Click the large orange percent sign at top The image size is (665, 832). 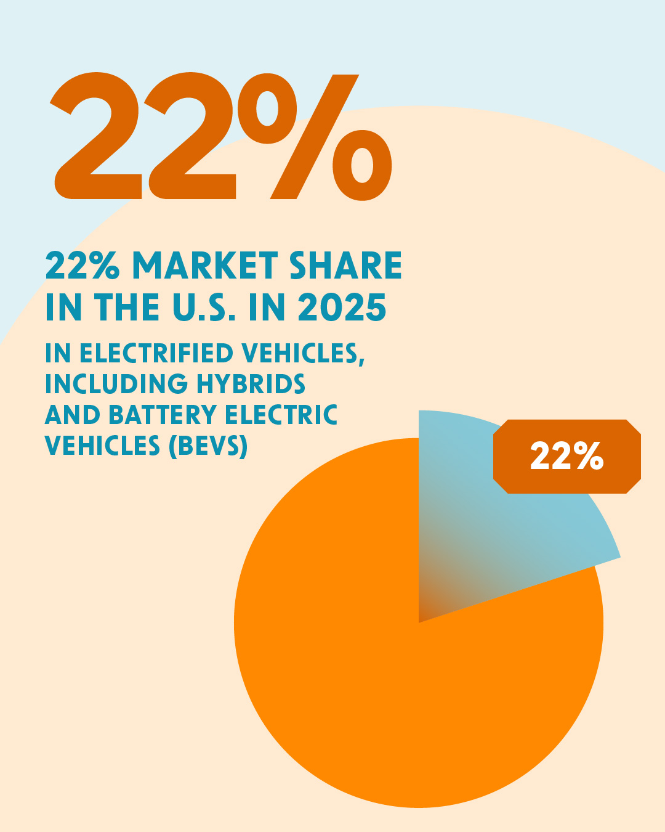click(314, 137)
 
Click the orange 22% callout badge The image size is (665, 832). click(566, 457)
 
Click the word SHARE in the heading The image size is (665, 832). click(345, 266)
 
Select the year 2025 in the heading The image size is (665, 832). click(342, 308)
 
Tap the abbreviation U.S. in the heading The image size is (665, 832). click(204, 308)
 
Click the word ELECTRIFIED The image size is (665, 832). click(156, 354)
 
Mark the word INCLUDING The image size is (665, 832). click(116, 384)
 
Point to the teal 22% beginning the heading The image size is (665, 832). click(82, 266)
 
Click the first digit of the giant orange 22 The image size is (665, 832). click(99, 137)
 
